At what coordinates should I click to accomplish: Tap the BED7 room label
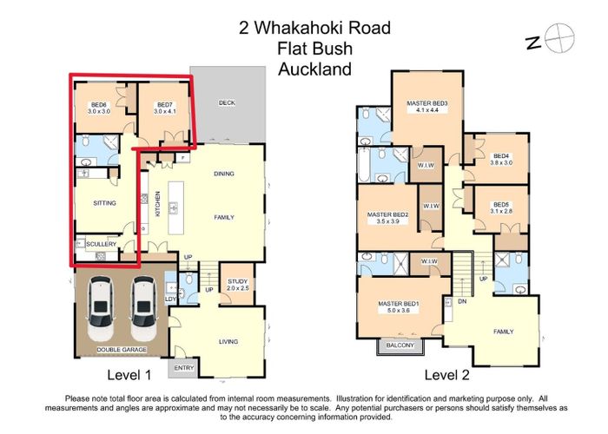[x=165, y=108]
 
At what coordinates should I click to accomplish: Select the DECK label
[x=227, y=102]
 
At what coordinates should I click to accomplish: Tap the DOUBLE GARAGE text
[x=122, y=349]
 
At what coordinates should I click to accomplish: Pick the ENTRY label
[x=184, y=369]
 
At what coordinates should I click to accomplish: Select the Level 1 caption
[x=129, y=376]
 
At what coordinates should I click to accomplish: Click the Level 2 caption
[x=446, y=376]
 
